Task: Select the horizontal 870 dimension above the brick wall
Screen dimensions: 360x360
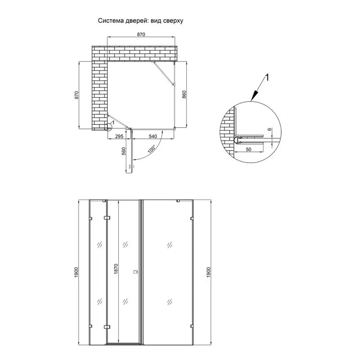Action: pos(141,34)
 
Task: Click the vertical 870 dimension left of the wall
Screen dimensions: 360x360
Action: pos(77,95)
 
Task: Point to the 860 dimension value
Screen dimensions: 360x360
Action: pos(184,95)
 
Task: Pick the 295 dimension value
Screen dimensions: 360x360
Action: pos(119,136)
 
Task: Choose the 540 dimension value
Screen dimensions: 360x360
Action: pos(153,136)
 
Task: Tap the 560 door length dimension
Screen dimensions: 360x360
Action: pos(123,151)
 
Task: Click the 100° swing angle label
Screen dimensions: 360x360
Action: pos(152,149)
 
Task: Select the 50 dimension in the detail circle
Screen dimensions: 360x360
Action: pos(248,149)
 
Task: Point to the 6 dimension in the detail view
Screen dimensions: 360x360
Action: pos(270,129)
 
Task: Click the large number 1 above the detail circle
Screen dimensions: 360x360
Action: pos(267,77)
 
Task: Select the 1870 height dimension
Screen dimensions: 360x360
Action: pos(116,269)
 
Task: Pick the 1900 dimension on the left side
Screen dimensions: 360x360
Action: pos(76,272)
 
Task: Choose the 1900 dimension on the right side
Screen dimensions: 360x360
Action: pos(208,272)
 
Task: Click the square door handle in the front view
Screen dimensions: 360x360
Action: pos(135,272)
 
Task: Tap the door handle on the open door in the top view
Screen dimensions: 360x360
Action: pos(131,166)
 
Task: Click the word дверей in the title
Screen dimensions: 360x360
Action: pos(135,21)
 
